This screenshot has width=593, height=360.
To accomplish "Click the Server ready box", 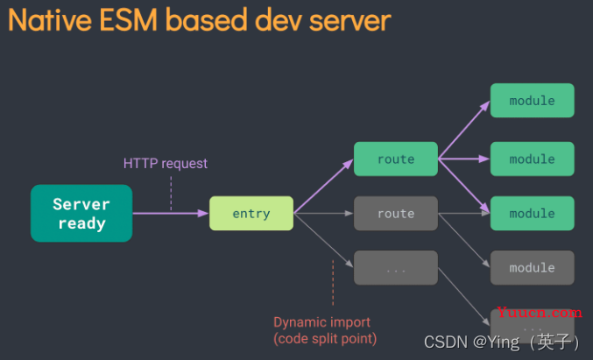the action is click(81, 213).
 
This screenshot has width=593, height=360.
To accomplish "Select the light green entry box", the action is click(251, 213).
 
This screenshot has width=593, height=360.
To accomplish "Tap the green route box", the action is click(396, 159).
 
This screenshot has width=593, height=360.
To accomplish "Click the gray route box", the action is click(396, 213).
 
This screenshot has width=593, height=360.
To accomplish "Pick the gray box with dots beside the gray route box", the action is click(396, 268).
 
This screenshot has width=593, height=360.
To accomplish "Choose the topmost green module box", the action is click(532, 100).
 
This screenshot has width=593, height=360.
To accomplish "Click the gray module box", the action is click(532, 268).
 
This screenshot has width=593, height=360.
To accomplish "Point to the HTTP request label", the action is click(166, 164).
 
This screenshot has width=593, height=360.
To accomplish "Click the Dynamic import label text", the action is click(321, 322).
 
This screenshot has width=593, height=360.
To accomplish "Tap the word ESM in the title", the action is click(129, 19).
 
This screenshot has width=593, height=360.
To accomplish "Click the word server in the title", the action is click(349, 20).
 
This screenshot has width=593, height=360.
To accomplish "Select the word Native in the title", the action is click(50, 19).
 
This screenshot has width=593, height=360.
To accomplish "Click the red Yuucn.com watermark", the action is click(540, 313).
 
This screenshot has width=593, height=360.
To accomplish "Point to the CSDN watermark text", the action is click(502, 342).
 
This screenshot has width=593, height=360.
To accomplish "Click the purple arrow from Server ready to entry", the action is click(171, 213).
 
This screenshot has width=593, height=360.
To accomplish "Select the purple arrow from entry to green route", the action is click(323, 186).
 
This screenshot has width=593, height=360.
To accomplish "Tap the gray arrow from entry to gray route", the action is click(323, 213).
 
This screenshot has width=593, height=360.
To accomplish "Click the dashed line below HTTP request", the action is click(171, 193).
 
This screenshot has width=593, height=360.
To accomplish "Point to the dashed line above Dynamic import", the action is click(333, 282).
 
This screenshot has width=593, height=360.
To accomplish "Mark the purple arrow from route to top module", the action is click(464, 130).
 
